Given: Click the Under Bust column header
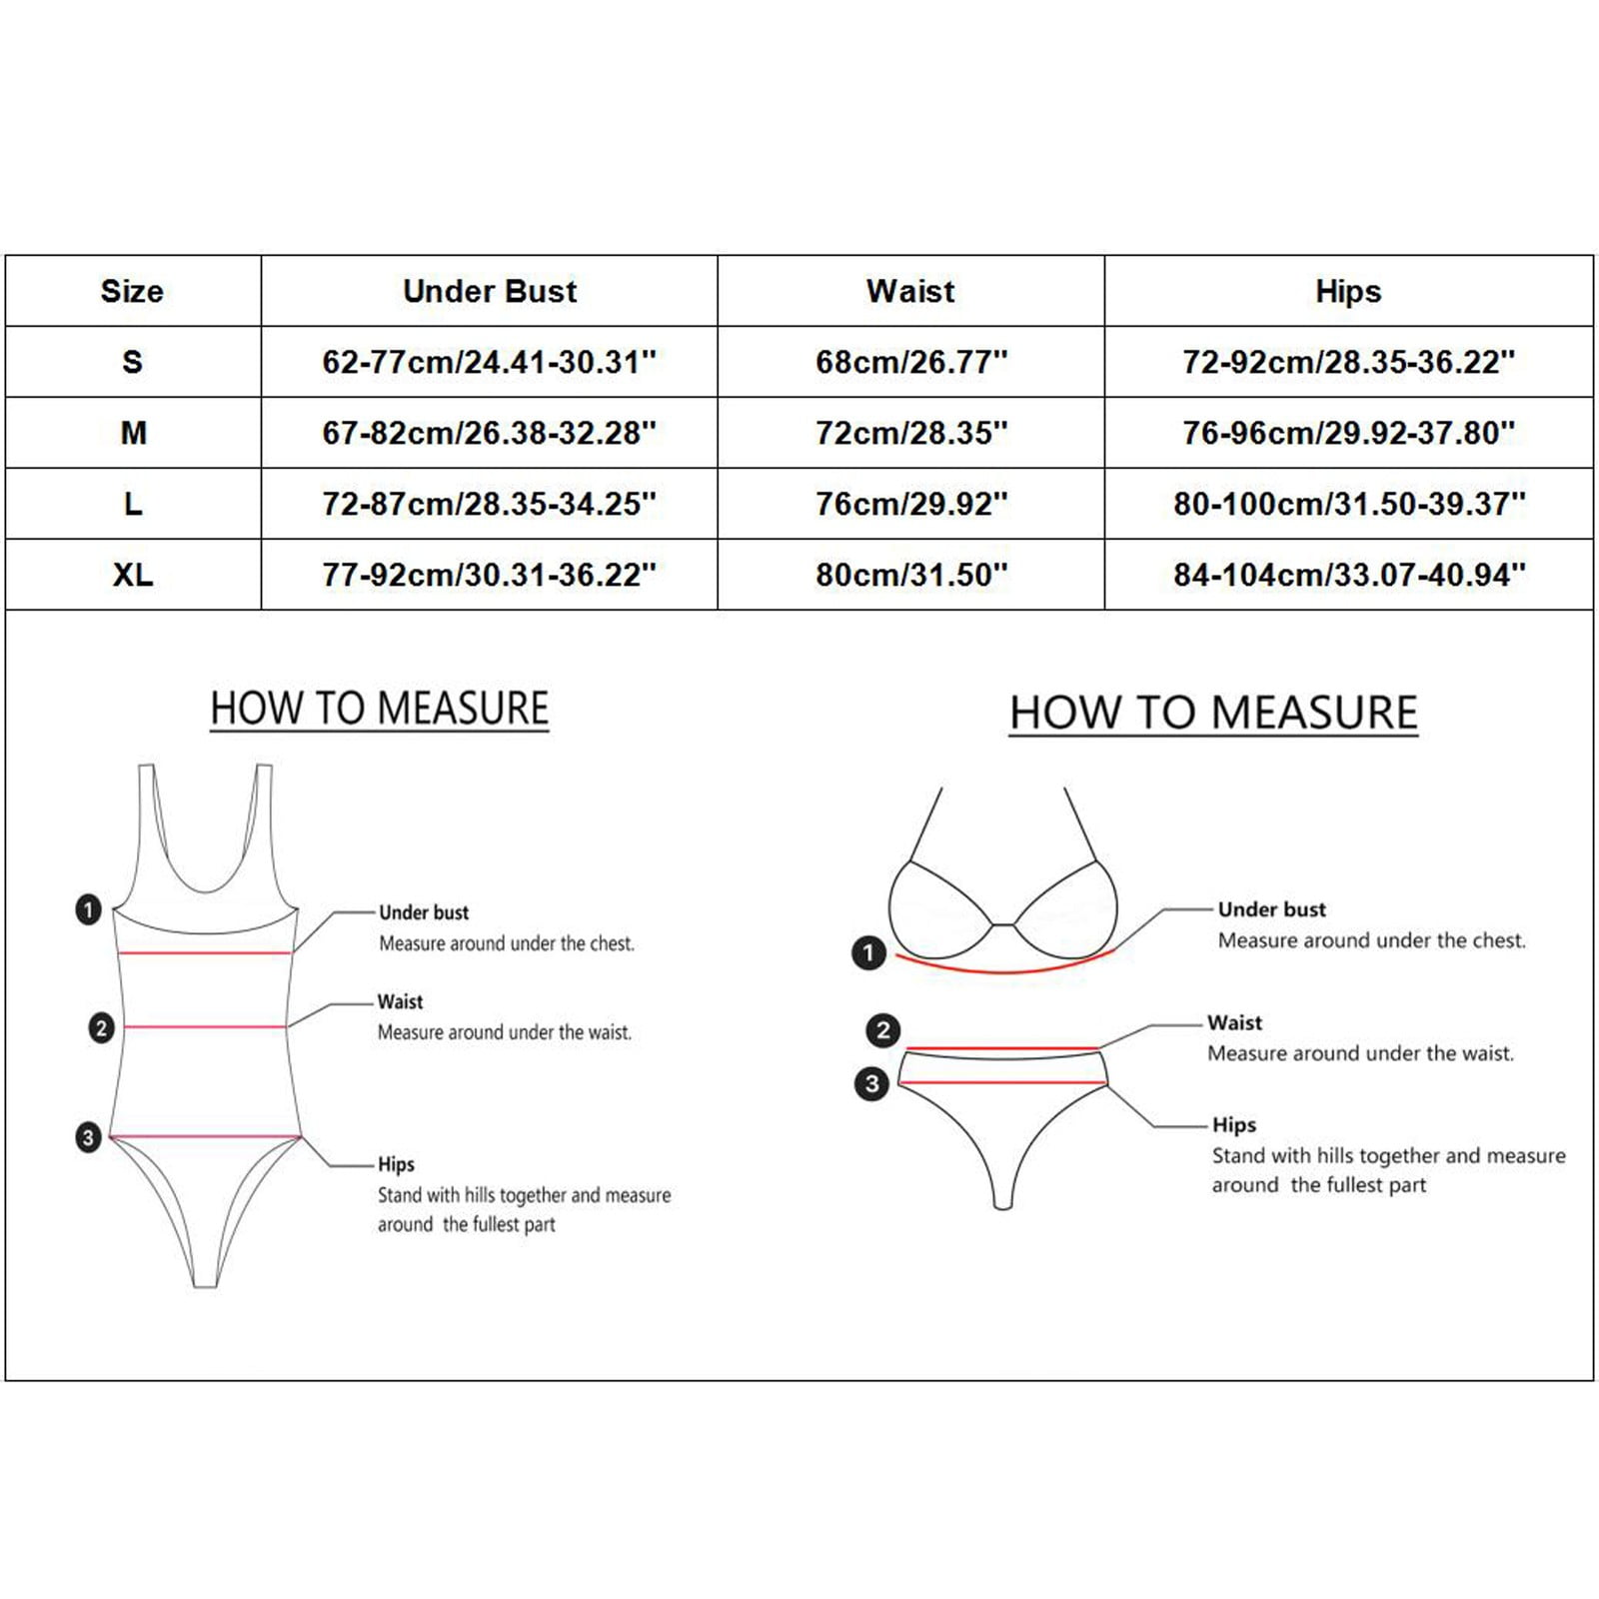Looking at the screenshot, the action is pos(490,291).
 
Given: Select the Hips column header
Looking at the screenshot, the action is pos(1348,291).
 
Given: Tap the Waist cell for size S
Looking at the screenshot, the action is pos(911,362).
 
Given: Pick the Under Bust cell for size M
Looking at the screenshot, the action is pos(490,433).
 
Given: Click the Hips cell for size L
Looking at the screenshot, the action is pos(1349,504).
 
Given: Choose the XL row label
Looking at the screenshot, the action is pos(133,575).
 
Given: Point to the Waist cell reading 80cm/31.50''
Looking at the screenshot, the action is pos(911,575).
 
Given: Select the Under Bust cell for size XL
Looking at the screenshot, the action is pos(490,575).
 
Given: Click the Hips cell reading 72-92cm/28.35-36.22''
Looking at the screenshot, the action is pos(1349,362).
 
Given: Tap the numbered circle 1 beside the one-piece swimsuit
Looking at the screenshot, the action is pos(89,909).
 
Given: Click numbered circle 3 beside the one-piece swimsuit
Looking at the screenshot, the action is pos(88,1137).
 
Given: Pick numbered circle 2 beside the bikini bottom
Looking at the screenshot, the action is pos(883,1030).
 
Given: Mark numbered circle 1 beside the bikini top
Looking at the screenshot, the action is pos(868,953).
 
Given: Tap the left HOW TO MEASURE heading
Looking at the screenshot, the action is pos(380,709).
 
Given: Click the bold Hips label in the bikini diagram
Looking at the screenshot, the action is pos(1234,1125).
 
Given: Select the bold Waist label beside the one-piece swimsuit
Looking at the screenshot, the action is pos(400,1001).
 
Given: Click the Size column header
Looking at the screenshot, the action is pos(132,291).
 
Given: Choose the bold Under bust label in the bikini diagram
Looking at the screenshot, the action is pos(1271,909).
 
